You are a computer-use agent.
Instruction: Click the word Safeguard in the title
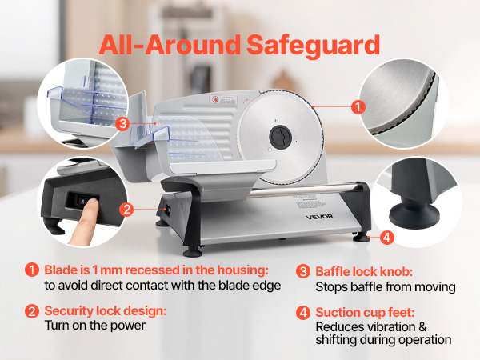pos(313,46)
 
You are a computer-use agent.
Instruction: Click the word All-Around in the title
pos(170,45)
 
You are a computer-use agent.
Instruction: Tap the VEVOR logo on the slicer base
pos(319,217)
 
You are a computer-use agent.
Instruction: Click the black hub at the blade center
pos(281,137)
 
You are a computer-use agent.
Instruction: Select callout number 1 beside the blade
pos(358,107)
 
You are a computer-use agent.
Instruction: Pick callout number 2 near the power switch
pos(126,210)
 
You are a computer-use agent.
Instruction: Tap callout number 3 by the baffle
pos(122,124)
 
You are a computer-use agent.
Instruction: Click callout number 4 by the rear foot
pos(386,238)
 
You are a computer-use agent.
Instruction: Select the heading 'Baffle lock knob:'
pos(364,271)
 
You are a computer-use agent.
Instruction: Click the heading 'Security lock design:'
pos(106,310)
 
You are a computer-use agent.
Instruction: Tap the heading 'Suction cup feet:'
pos(366,313)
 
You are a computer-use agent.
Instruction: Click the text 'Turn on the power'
pos(95,326)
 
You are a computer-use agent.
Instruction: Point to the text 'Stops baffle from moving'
pos(386,287)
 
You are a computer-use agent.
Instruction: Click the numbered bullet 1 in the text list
pos(32,270)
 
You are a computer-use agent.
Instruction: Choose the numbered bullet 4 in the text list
pos(303,313)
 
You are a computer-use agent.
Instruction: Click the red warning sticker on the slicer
pos(223,100)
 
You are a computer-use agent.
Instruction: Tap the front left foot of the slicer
pos(193,252)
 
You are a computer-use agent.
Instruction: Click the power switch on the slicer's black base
pos(167,210)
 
